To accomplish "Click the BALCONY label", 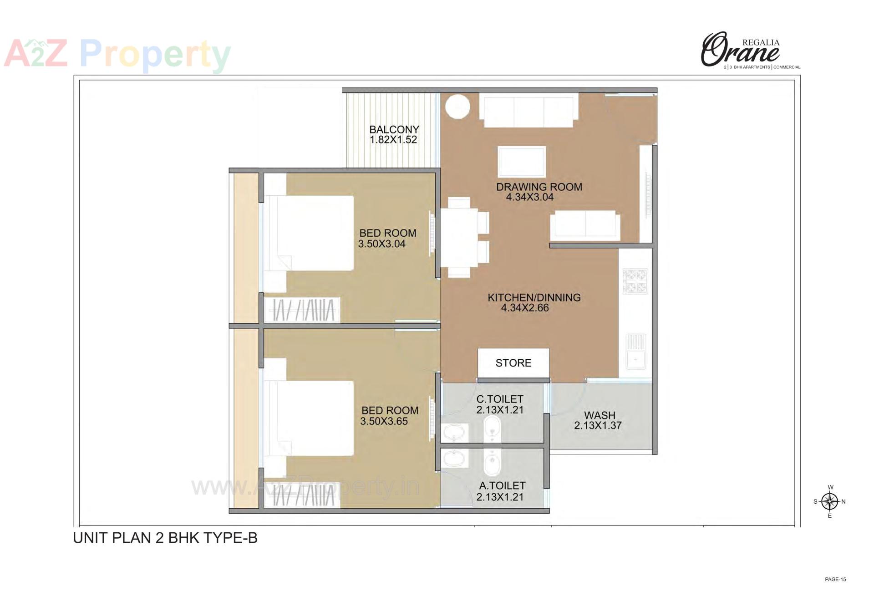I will (x=394, y=130).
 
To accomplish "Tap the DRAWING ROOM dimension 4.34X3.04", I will (x=529, y=197).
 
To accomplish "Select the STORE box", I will (x=513, y=363).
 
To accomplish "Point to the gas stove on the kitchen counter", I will (x=635, y=282).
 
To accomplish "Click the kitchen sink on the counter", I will (x=635, y=351).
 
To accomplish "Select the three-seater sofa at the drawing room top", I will (x=528, y=111).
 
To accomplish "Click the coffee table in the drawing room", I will (x=521, y=161).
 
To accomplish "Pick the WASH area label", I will (x=600, y=415).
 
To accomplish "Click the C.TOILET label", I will (x=500, y=399).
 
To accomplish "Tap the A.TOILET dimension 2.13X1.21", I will (x=500, y=497).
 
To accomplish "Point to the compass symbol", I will (x=830, y=501).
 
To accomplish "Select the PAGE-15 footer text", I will (x=835, y=580).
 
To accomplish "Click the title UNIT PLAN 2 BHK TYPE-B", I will (x=165, y=538).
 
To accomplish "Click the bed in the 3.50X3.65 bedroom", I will (x=310, y=418).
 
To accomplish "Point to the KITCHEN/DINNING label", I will (x=534, y=298).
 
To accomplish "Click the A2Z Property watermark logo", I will (x=117, y=55).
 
